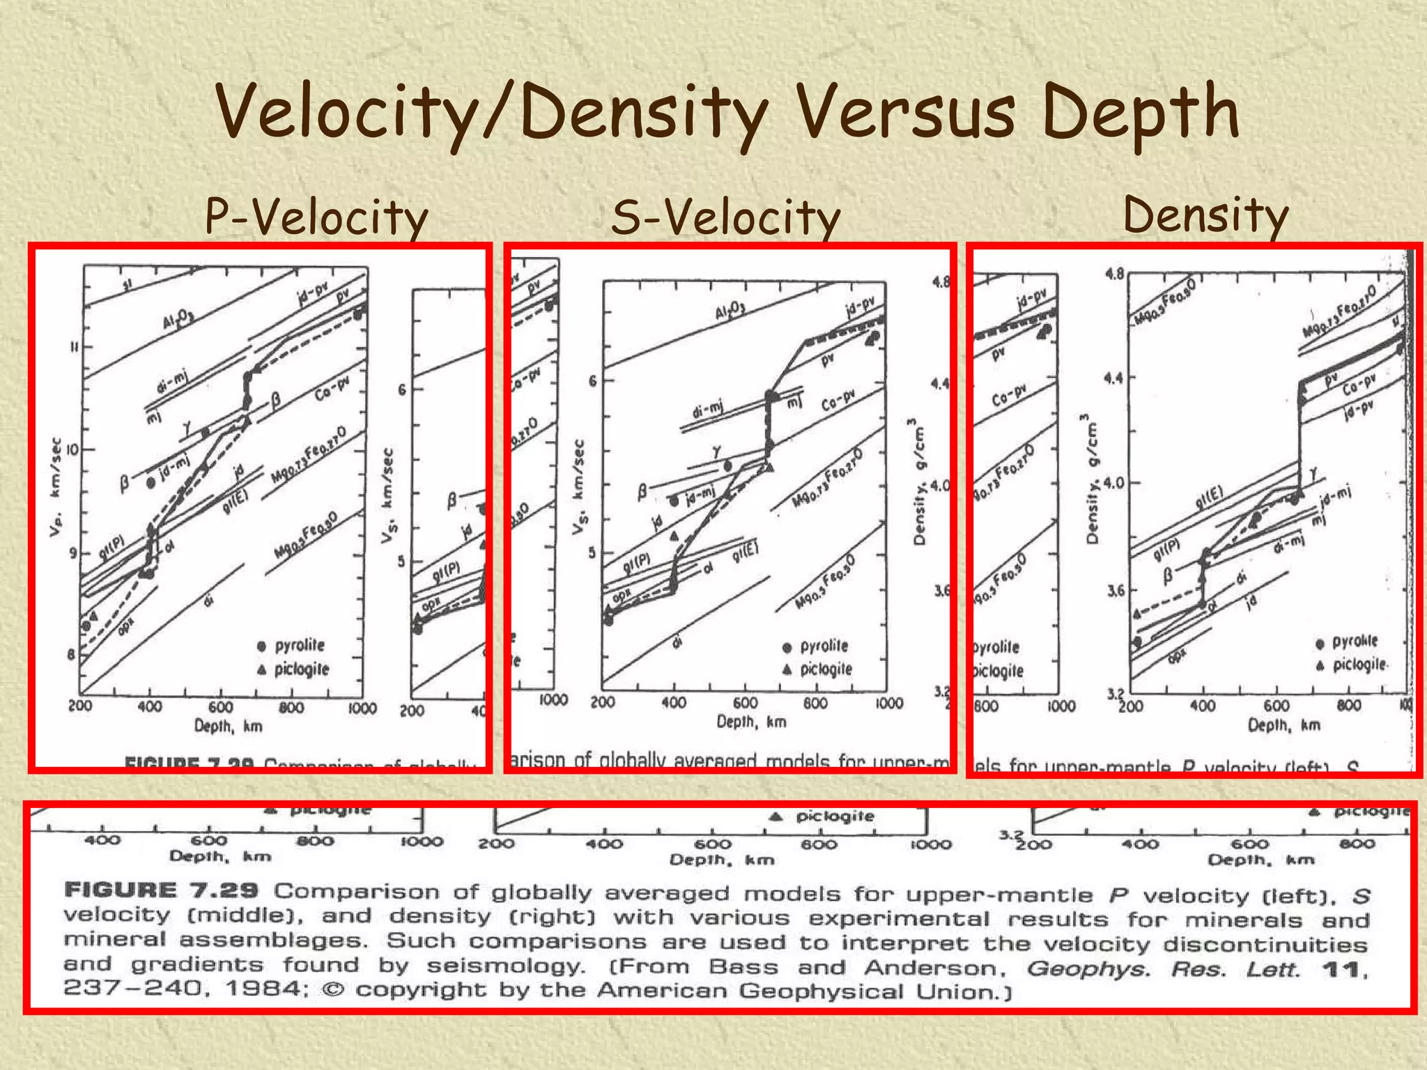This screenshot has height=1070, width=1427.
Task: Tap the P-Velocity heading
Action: [316, 217]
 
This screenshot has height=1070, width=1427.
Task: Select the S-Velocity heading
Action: [725, 217]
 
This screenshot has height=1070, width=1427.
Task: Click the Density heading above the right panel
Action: [1205, 215]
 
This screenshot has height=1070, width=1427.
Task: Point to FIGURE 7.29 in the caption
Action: [161, 890]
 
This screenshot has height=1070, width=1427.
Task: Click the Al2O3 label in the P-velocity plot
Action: [178, 320]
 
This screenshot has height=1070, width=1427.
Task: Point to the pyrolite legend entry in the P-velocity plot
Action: [298, 645]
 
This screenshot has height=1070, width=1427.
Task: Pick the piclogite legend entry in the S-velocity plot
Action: [825, 669]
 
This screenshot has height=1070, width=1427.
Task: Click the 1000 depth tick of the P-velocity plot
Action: [362, 708]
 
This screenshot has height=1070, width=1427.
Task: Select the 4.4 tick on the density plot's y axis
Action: [1113, 378]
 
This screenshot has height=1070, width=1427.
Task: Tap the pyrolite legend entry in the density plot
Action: [1354, 642]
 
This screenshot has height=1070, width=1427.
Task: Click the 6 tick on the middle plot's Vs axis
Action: [593, 381]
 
